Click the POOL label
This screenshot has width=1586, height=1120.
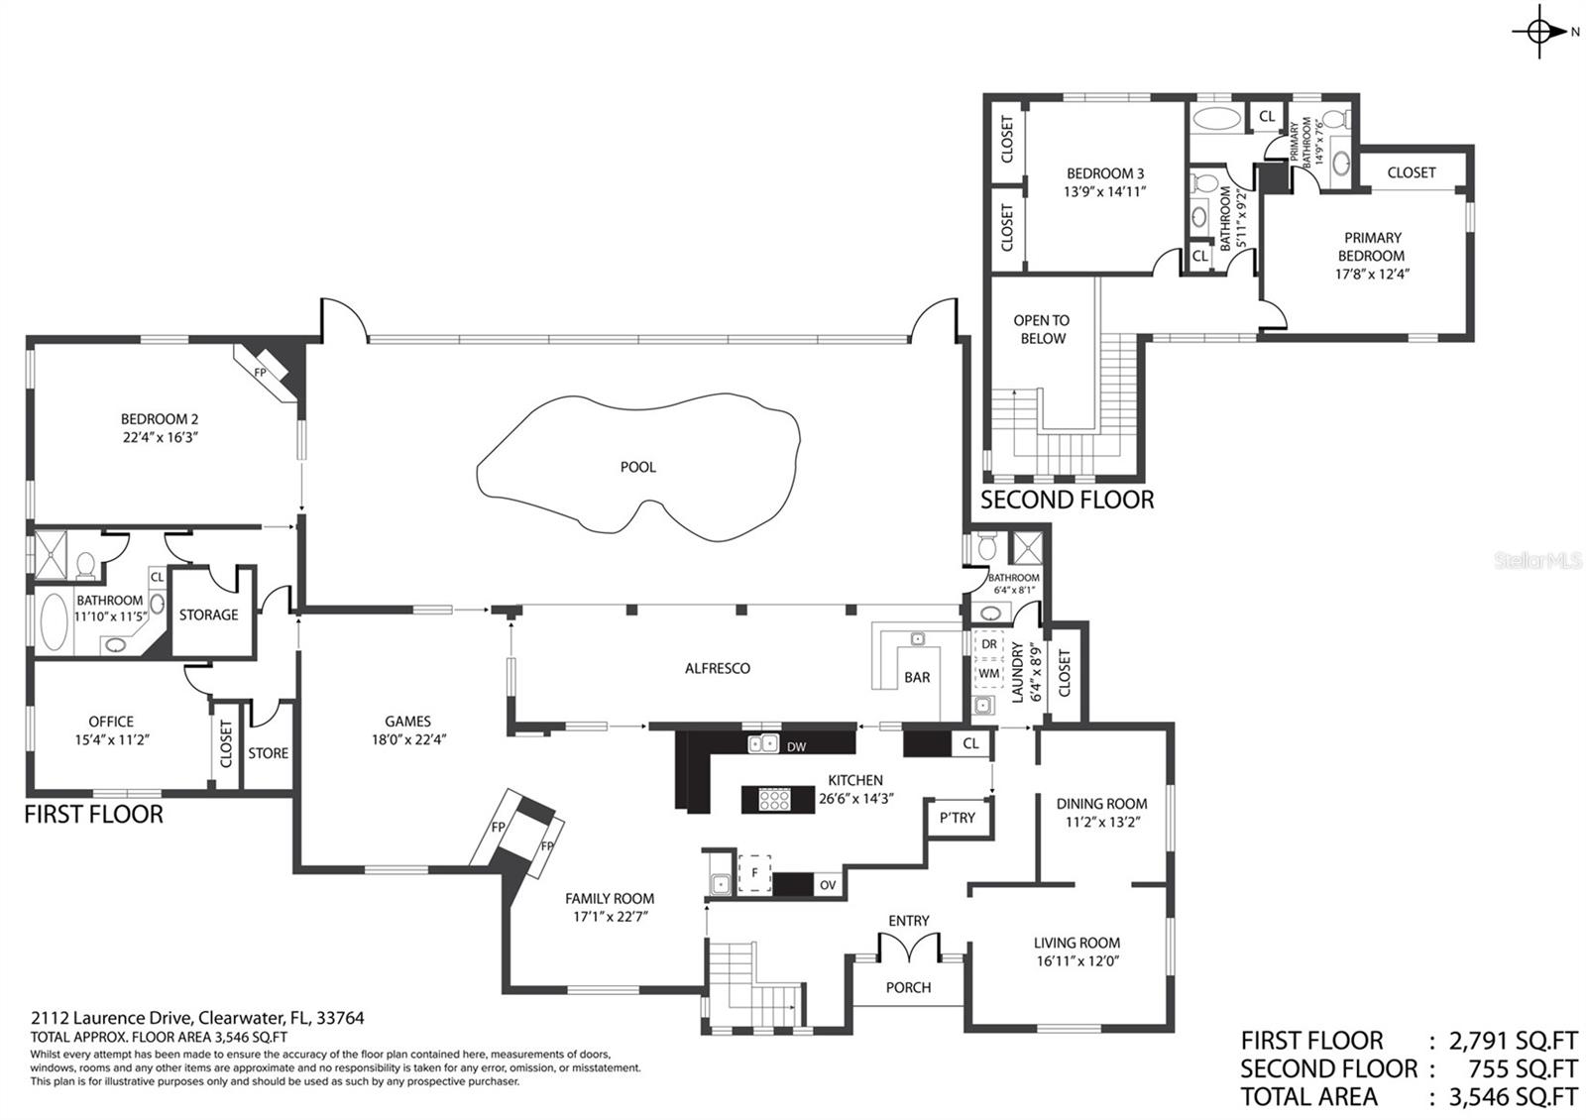(x=638, y=467)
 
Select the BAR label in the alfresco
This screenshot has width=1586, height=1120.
(x=917, y=678)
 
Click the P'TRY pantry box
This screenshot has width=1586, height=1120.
(x=958, y=819)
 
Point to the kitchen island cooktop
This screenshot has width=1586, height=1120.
(x=774, y=800)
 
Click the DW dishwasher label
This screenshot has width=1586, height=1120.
(x=797, y=747)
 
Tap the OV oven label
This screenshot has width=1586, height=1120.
(x=828, y=885)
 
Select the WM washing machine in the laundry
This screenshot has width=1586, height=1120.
(x=988, y=673)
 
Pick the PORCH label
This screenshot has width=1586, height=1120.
(x=908, y=987)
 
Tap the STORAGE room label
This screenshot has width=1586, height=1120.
(x=208, y=615)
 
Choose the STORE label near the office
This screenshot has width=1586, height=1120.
(x=269, y=753)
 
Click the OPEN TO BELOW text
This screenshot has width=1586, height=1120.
(x=1042, y=330)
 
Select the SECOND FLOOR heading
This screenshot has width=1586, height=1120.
(x=1067, y=501)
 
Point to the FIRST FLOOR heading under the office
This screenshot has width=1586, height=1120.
(x=93, y=814)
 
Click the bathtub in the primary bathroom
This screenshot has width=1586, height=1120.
(x=1216, y=118)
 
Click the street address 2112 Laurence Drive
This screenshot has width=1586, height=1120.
(x=111, y=1018)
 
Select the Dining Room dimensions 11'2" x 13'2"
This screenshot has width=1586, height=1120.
(x=1103, y=822)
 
